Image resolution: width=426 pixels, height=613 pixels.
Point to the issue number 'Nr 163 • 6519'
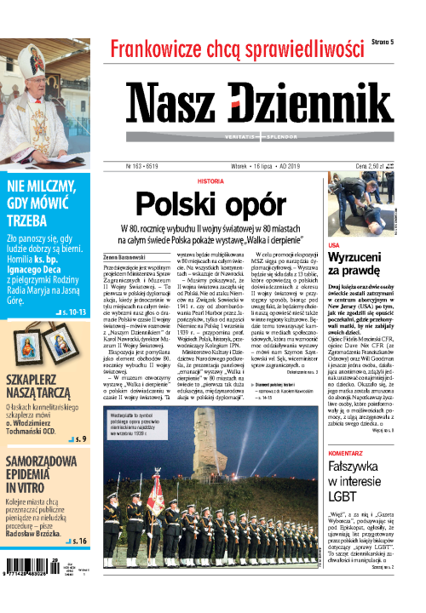[x=150, y=167]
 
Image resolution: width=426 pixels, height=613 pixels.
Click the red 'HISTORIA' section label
[x=211, y=181]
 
